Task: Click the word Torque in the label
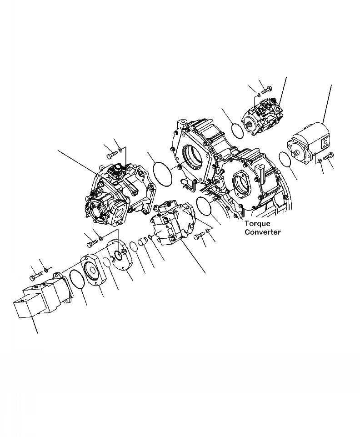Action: point(257,224)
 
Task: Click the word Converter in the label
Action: point(263,232)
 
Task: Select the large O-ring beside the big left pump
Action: point(163,173)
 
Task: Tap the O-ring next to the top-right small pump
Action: point(236,130)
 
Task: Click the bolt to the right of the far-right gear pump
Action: point(328,156)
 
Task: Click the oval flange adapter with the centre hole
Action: point(93,271)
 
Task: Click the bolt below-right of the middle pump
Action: point(199,236)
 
